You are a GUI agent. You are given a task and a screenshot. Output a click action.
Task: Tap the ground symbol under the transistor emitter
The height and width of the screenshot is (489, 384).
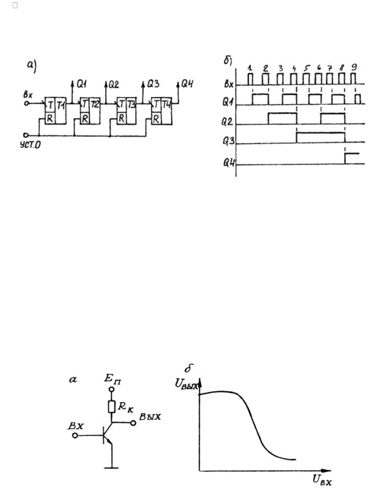tap(112, 468)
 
